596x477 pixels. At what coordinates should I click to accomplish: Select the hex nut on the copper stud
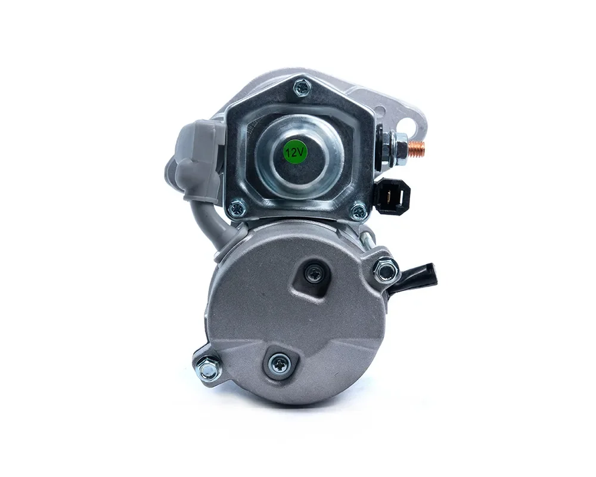click(396, 148)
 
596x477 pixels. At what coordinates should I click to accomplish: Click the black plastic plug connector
click(392, 196)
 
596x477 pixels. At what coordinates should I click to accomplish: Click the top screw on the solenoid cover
click(303, 88)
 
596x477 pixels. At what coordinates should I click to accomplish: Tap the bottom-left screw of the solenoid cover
click(238, 209)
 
